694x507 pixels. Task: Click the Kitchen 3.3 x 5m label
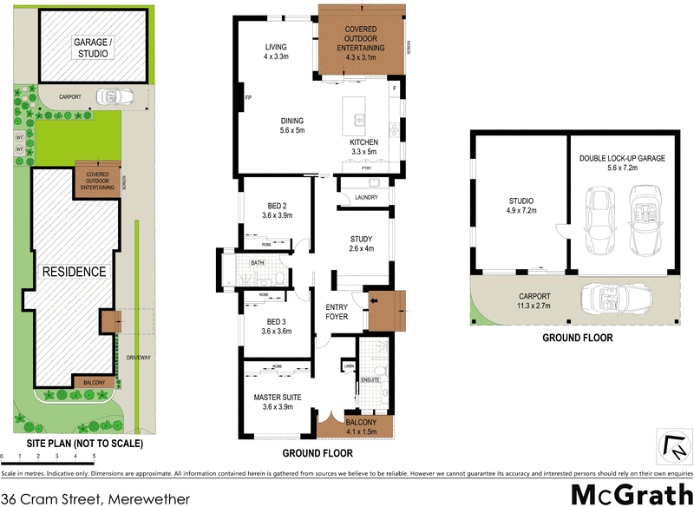[x=364, y=147]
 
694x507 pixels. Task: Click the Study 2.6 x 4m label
[x=361, y=244]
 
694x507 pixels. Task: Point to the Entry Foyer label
[x=337, y=312]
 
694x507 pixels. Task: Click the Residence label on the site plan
[x=76, y=272]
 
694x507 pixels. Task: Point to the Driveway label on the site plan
[x=139, y=357]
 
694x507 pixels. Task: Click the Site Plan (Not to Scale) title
[x=73, y=443]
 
